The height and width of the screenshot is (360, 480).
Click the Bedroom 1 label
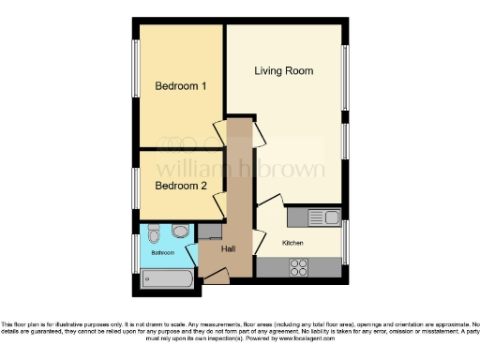[180, 87]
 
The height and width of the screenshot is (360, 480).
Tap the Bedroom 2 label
[180, 186]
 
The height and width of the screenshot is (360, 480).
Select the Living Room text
[284, 71]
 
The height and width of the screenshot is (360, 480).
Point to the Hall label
[229, 249]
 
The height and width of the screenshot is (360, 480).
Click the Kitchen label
[293, 242]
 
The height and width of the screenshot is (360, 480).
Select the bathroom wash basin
[181, 231]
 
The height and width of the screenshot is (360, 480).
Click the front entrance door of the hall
[216, 275]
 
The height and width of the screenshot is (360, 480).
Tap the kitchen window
[344, 242]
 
